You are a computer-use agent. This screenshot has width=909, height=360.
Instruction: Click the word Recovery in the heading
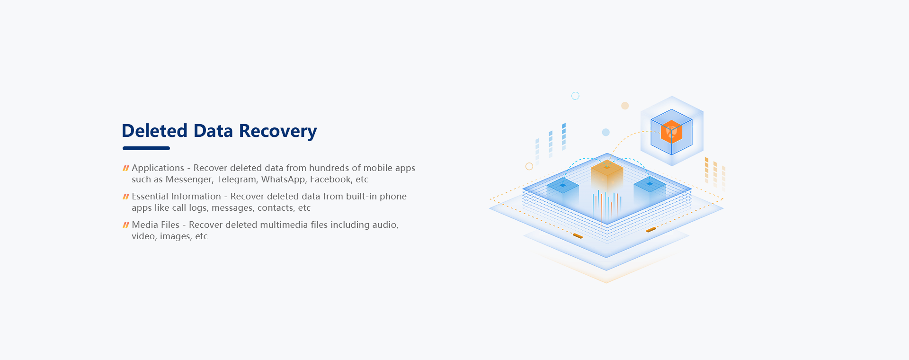coord(277,131)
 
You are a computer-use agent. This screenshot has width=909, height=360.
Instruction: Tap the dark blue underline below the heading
coord(146,148)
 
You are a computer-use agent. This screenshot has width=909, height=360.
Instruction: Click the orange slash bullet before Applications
coord(126,168)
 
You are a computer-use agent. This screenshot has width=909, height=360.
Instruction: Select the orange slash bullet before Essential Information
coord(126,197)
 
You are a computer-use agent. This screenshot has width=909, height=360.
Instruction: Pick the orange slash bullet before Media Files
coord(126,225)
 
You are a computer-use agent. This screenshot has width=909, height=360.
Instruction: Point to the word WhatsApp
coord(283,180)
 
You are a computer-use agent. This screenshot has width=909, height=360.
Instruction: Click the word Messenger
coord(188,180)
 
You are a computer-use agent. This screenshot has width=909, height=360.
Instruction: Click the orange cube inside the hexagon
coord(671,132)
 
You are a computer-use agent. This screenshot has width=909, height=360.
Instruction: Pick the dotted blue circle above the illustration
coord(575,96)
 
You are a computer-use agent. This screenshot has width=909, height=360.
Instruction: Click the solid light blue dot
coord(606,132)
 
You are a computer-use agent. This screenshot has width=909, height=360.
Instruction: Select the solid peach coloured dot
coord(625,106)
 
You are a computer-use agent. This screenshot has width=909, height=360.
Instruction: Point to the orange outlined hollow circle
coord(529,166)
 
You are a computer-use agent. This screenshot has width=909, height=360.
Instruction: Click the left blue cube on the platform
coord(563,189)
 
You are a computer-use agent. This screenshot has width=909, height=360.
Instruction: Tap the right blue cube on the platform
coord(650,188)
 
